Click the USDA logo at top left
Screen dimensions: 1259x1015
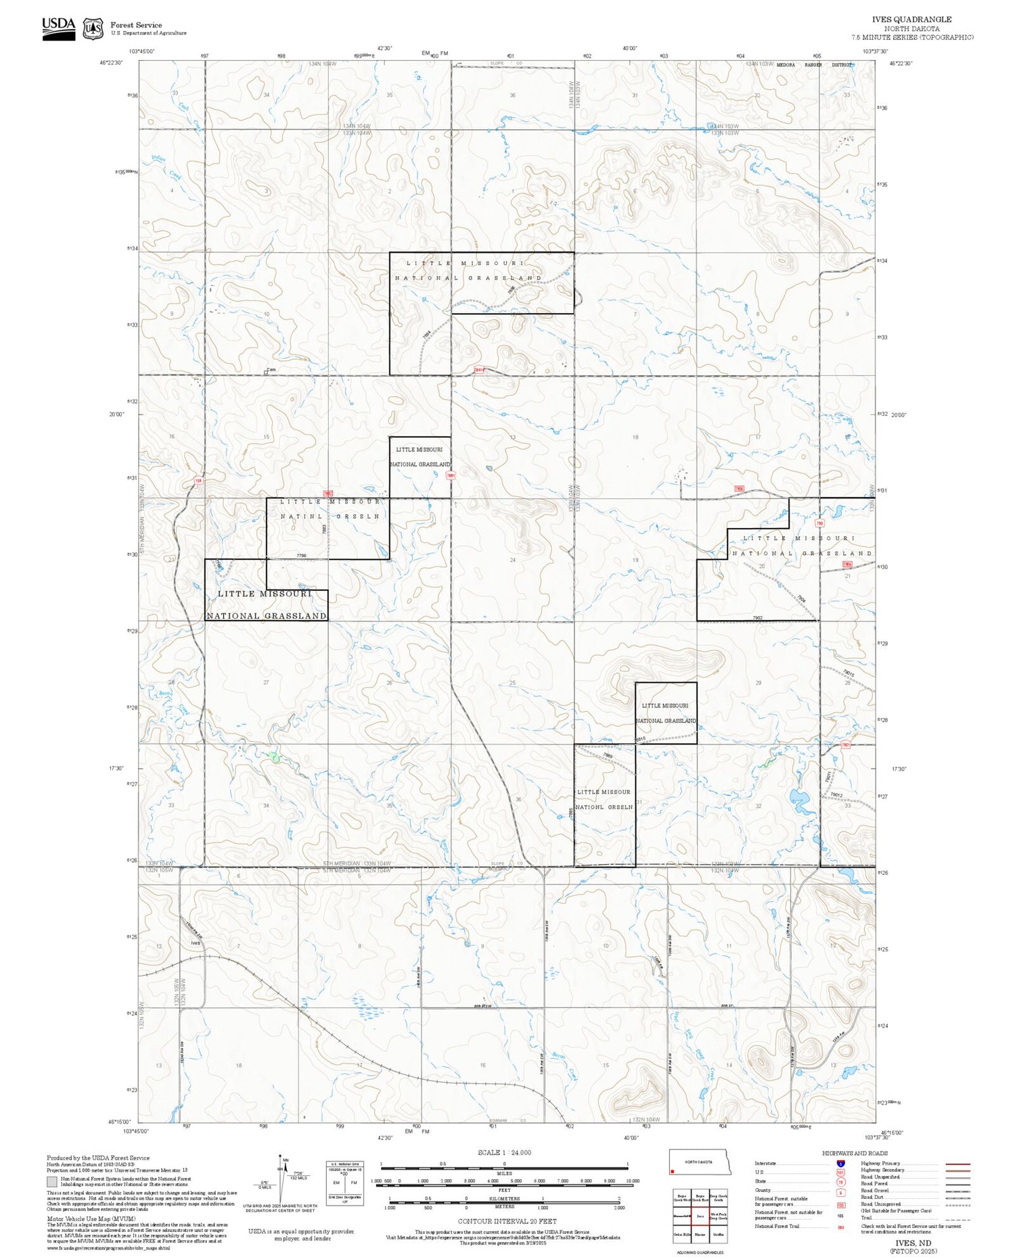[58, 28]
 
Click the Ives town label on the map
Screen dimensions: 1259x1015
[196, 943]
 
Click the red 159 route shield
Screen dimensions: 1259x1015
[198, 481]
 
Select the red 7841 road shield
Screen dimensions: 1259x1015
[479, 370]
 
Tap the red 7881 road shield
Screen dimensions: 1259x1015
[451, 475]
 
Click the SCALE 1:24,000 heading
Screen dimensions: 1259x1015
[504, 1152]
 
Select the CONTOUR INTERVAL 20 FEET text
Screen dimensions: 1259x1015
[507, 1221]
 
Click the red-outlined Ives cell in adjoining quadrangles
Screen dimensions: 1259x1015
[700, 1216]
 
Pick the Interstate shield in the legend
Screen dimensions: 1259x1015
[840, 1163]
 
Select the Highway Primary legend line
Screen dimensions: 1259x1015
[955, 1164]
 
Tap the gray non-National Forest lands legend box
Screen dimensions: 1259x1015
[52, 1181]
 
